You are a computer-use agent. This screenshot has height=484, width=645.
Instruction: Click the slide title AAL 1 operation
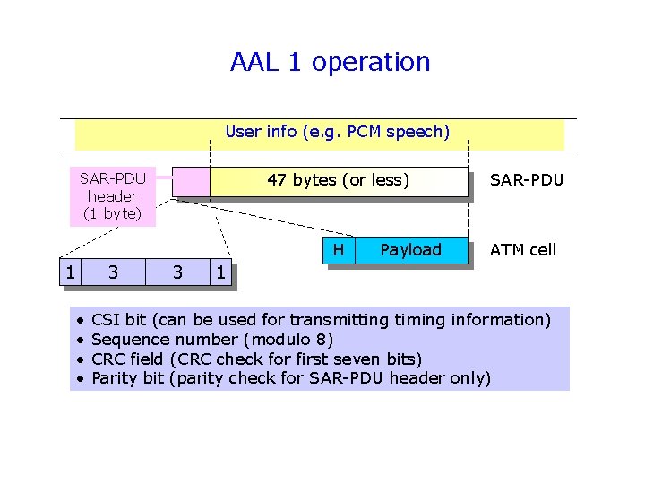[330, 62]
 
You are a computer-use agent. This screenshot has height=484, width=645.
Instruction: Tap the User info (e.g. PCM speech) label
[337, 132]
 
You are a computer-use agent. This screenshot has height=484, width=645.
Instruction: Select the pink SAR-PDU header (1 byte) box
[112, 195]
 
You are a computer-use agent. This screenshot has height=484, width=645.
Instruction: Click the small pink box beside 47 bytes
[191, 181]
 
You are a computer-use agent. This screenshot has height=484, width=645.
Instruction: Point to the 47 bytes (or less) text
[338, 180]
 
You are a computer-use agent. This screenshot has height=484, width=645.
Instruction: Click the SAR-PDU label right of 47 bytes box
[526, 180]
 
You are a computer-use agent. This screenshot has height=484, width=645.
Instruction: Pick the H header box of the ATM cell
[338, 250]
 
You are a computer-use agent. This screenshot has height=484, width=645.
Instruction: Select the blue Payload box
[410, 250]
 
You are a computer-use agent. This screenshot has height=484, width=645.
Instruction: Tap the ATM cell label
[522, 250]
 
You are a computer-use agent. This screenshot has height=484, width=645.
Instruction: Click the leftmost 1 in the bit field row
[68, 271]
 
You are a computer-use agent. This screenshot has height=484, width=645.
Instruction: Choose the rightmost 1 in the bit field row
[220, 271]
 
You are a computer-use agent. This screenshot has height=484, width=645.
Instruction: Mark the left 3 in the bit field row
[112, 271]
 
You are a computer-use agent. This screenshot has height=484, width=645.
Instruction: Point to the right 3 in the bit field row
[177, 271]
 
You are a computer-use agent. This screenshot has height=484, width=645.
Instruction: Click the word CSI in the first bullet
[107, 320]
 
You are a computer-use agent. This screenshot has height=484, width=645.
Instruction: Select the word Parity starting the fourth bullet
[116, 378]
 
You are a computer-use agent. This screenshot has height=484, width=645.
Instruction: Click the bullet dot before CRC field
[80, 359]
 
